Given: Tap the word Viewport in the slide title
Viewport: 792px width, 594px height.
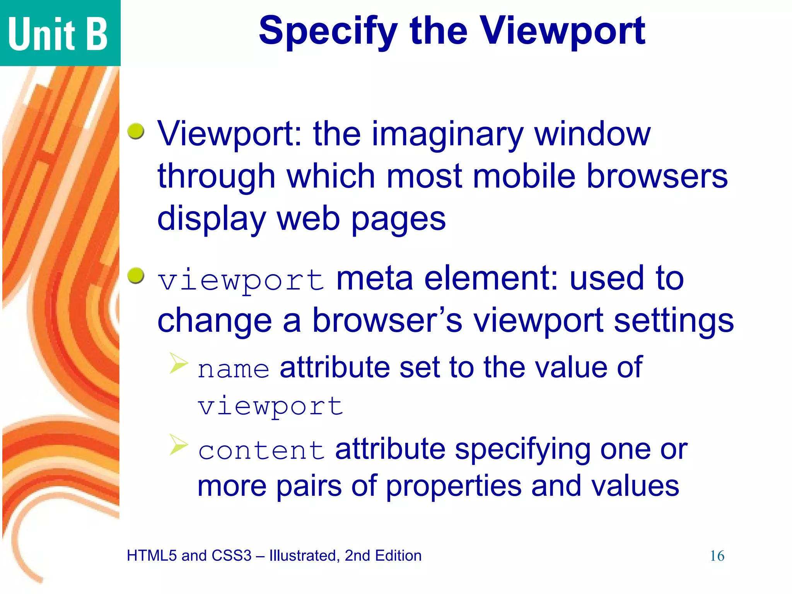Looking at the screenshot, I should (x=562, y=32).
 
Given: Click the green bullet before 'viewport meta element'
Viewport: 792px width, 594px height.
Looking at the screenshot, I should (x=136, y=275).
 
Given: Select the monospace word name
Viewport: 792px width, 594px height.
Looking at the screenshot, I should (x=233, y=369).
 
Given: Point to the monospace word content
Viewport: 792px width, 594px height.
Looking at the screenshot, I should (x=261, y=451).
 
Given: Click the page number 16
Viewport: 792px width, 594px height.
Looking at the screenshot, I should (x=717, y=556).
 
